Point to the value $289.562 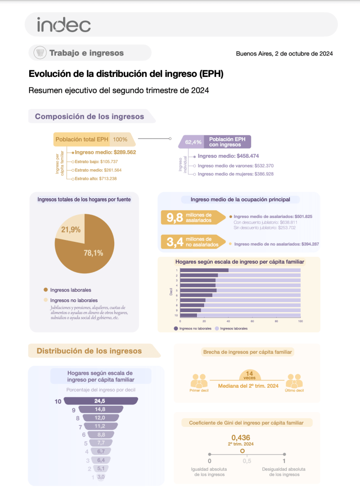125,152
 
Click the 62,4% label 193,142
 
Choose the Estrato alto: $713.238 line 96,178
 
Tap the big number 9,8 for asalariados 175,218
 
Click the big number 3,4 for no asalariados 175,242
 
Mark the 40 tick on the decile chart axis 229,321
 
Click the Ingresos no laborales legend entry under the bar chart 193,329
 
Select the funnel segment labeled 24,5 99,401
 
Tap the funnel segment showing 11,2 99,426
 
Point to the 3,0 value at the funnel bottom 100,477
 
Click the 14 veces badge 249,375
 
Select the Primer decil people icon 198,381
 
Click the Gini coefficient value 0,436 240,437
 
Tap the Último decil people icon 294,381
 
